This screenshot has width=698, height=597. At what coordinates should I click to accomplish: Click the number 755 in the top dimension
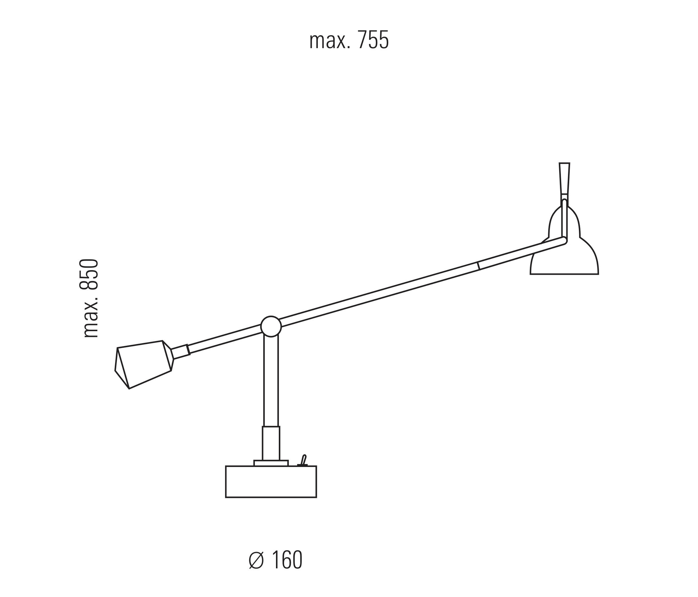(373, 40)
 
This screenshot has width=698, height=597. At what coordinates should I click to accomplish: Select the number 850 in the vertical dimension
(89, 275)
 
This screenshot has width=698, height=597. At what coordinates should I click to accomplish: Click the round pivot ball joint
(271, 326)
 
